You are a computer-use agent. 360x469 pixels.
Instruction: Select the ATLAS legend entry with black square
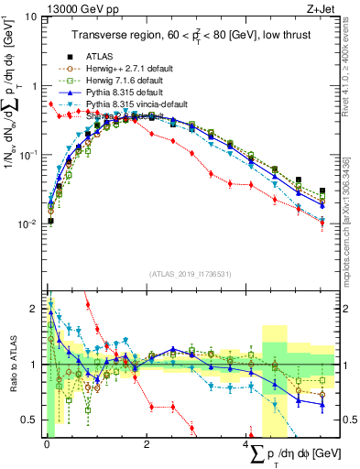[102, 55]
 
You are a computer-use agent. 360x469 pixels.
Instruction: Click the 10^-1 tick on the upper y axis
[27, 156]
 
